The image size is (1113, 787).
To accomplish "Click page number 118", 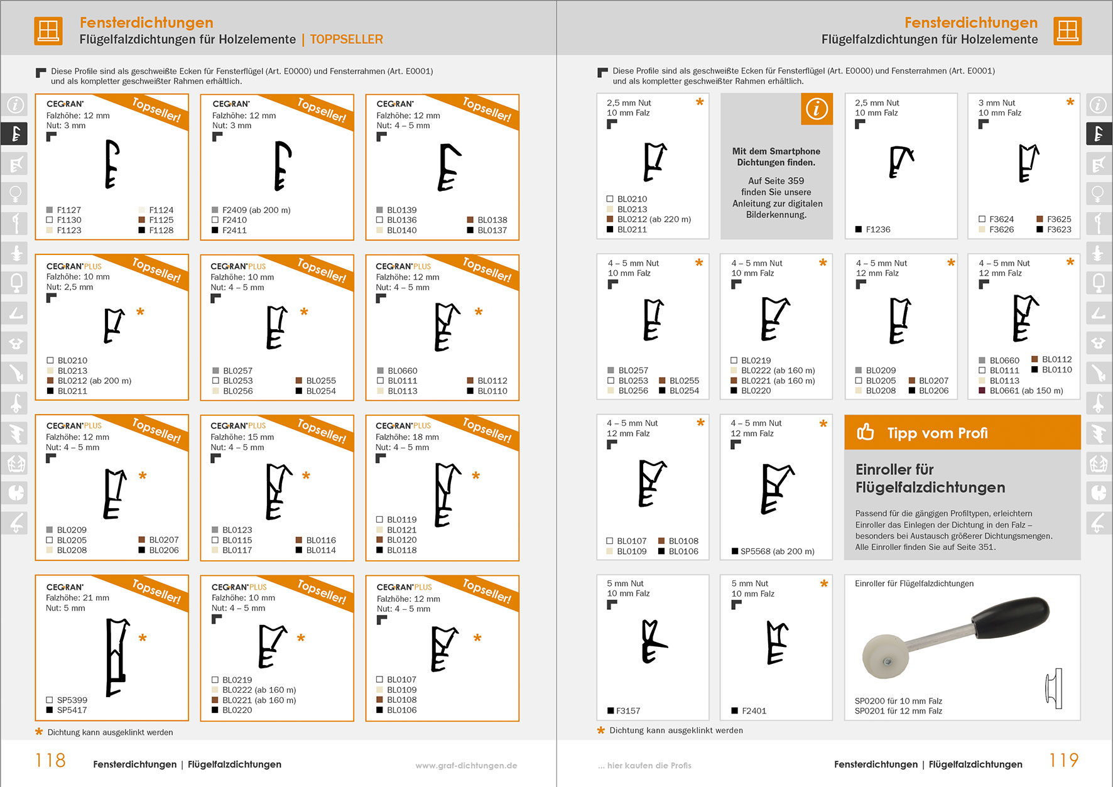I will [50, 761].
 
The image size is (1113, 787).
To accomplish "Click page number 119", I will [1063, 761].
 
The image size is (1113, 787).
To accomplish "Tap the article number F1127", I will [68, 210].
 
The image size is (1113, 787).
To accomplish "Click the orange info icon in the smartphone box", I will [817, 109].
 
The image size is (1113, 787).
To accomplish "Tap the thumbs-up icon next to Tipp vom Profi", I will [866, 432].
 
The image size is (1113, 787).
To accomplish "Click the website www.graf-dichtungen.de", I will [466, 765].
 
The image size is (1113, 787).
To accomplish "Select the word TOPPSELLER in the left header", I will [346, 40].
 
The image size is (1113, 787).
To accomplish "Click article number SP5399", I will [72, 700].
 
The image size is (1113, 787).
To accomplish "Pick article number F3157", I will [628, 711].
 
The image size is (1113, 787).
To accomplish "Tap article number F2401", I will [754, 711].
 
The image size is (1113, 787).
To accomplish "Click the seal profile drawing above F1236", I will [901, 161].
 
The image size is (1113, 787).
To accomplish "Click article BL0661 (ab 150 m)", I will [1026, 391].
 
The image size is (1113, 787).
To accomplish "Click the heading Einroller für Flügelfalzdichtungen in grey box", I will [930, 478].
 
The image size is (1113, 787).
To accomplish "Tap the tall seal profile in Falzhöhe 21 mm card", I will [116, 656].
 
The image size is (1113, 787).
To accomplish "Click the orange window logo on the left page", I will [48, 31].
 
